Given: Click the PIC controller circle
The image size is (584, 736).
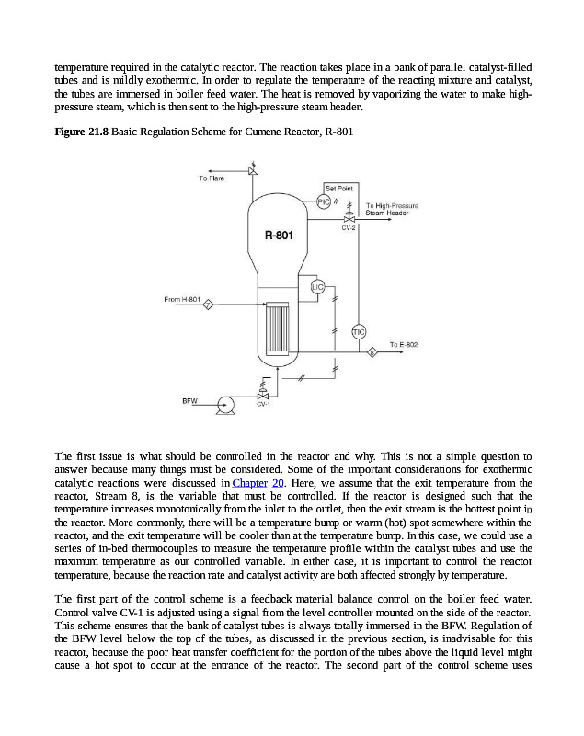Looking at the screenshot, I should (324, 201).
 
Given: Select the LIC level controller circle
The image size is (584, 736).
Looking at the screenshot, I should (318, 287).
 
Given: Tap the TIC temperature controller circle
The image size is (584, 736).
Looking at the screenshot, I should (359, 331).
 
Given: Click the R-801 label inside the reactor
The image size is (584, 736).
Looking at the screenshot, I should (279, 236).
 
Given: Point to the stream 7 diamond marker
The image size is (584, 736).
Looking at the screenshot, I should (209, 305).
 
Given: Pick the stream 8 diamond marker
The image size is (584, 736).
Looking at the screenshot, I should (372, 351).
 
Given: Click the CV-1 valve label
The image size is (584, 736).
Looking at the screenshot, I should (262, 405).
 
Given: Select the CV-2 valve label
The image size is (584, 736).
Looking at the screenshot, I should (349, 227).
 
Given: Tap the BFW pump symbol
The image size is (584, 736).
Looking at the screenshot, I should (223, 403).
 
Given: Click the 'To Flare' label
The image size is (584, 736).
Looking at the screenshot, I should (212, 178).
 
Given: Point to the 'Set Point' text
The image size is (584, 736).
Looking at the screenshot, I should (339, 188).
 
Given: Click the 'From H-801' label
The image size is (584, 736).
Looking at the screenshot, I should (182, 299).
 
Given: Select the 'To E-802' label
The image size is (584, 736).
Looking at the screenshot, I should (404, 344).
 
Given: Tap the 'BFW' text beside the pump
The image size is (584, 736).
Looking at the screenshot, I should (190, 401).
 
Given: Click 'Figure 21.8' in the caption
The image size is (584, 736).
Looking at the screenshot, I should (81, 132).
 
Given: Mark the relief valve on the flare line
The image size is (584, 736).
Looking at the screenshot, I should (252, 169).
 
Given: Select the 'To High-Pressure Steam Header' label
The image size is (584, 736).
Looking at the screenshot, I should (392, 209).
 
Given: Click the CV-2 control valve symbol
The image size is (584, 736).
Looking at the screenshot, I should (349, 217).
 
